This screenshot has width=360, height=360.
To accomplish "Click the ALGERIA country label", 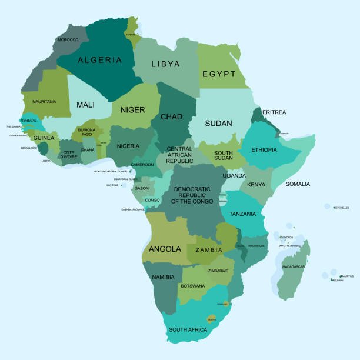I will pyautogui.click(x=100, y=60).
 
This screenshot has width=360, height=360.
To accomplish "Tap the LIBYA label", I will pyautogui.click(x=165, y=64).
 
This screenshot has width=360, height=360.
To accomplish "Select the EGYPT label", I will pyautogui.click(x=219, y=75).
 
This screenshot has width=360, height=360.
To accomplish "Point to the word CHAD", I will pyautogui.click(x=171, y=116).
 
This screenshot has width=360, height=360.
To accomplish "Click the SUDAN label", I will pyautogui.click(x=218, y=124).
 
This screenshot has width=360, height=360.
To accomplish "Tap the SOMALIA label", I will pyautogui.click(x=297, y=184).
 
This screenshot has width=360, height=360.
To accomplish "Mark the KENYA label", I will pyautogui.click(x=256, y=185).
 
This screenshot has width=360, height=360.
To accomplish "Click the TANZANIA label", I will pyautogui.click(x=242, y=214).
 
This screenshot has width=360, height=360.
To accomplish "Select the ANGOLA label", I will pyautogui.click(x=165, y=249).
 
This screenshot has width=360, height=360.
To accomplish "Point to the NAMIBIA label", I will pyautogui.click(x=163, y=277).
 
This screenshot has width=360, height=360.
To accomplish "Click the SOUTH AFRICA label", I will pyautogui.click(x=188, y=329).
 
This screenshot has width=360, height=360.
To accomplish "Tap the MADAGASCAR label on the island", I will pyautogui.click(x=294, y=266).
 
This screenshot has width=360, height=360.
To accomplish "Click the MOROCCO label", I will pyautogui.click(x=68, y=39).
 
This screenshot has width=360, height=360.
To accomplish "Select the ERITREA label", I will pyautogui.click(x=274, y=112).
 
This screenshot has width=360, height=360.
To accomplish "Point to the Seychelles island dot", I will pyautogui.click(x=326, y=206).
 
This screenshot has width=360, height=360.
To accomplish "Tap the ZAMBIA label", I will pyautogui.click(x=209, y=250).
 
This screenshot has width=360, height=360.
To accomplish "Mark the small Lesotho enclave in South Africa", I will pyautogui.click(x=211, y=319).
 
